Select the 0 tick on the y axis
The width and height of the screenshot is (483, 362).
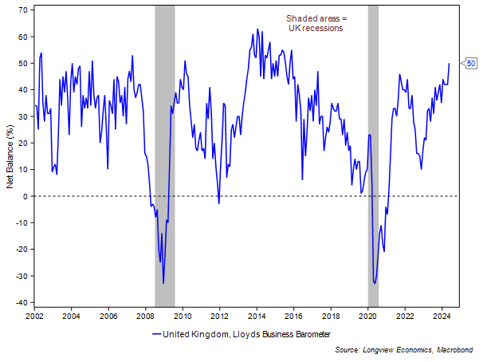pos(26,196)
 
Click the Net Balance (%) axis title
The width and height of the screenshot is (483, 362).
pos(10,157)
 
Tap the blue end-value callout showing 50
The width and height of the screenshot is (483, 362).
pos(471,63)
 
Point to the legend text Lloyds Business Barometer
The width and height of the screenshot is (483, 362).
pos(278,334)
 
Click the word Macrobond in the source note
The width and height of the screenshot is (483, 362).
pos(457,349)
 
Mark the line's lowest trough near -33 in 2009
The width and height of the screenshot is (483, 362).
pos(163,283)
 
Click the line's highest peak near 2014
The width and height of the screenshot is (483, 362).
pos(256,30)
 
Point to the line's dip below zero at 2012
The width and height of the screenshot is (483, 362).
pos(219,203)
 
